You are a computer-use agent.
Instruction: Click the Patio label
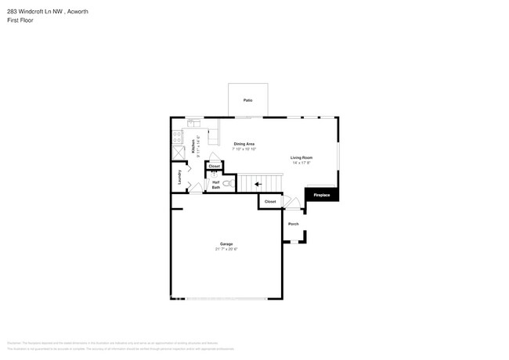point(247,101)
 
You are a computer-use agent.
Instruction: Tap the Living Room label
point(301,157)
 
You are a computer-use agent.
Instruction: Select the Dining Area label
point(244,143)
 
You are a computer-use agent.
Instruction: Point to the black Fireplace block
point(322,194)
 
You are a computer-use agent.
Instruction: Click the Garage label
point(226,243)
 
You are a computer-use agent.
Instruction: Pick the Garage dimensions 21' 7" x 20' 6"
point(226,249)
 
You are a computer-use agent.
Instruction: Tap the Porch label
point(293,224)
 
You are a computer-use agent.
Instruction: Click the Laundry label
point(180,175)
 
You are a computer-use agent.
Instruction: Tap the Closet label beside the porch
point(270,202)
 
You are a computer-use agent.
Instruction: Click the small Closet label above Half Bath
point(214,166)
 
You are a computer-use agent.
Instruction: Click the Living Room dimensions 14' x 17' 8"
point(301,163)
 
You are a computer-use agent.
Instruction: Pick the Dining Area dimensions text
point(244,149)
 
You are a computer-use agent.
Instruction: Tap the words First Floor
point(21,20)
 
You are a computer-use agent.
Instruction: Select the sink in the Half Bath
point(212,175)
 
